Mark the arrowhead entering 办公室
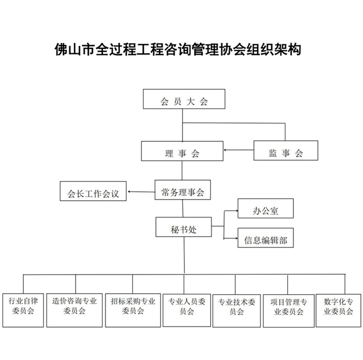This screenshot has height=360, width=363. [234, 210]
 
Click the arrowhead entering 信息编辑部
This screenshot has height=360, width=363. [234, 239]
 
